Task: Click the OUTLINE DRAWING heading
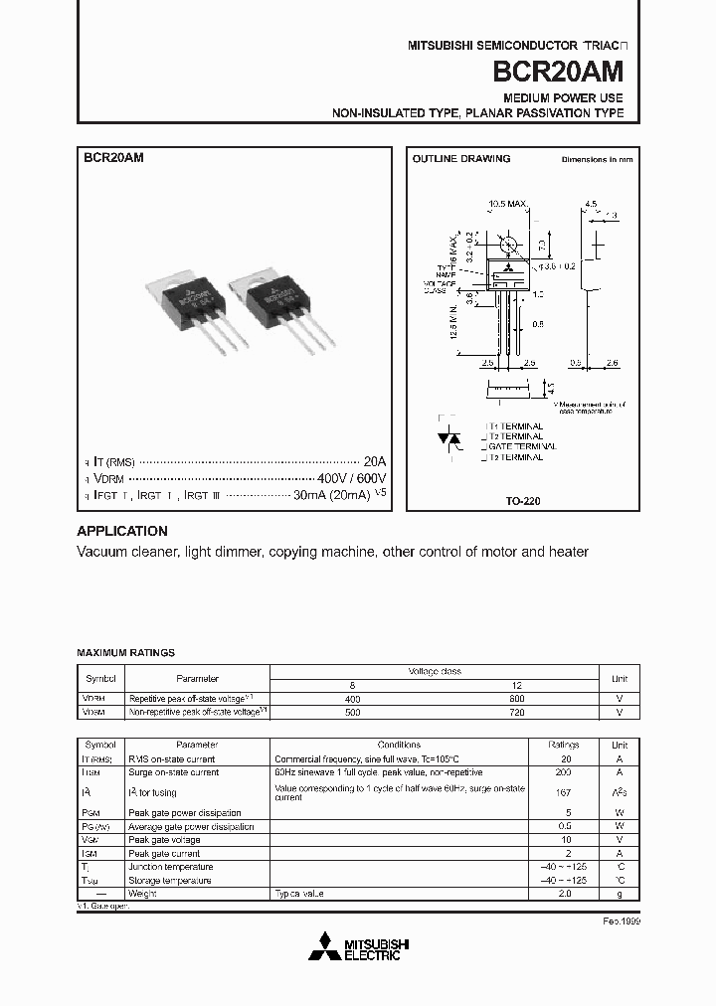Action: [460, 159]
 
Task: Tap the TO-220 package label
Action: [523, 502]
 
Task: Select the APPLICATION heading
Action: [122, 531]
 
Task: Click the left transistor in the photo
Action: [194, 305]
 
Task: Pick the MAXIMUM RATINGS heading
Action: [125, 653]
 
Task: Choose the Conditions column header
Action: [399, 745]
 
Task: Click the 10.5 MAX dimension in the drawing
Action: [506, 204]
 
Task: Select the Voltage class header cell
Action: [435, 671]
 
